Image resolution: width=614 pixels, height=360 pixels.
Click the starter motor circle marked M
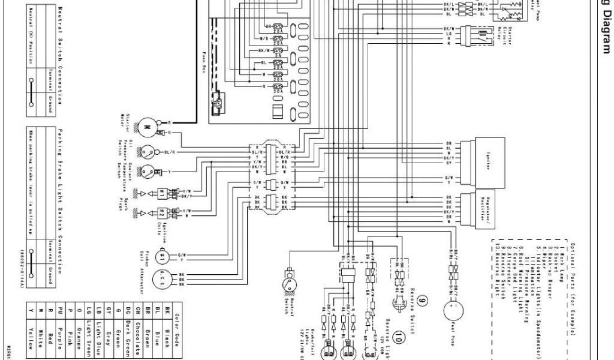[146, 127]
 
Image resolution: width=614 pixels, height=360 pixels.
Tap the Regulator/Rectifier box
[487, 208]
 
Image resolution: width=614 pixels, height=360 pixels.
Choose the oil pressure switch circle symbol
[146, 152]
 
